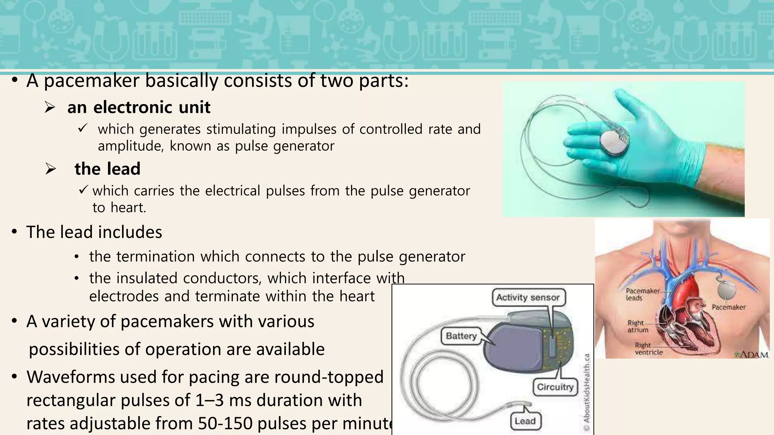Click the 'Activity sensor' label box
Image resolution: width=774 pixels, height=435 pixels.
(528, 298)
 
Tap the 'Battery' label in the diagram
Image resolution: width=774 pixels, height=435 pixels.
(461, 336)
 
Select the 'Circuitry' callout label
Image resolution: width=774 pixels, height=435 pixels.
(555, 387)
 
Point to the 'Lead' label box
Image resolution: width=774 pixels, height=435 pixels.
(525, 421)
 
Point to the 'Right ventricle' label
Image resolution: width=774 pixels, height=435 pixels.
(648, 349)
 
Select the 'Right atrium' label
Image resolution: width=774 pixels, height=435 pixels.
(638, 326)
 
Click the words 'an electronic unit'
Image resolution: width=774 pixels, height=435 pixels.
(139, 108)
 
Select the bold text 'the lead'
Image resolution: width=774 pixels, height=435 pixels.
(107, 169)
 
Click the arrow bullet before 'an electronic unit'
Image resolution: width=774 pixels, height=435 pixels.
(50, 108)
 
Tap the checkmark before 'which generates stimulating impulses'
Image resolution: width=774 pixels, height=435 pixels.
(82, 128)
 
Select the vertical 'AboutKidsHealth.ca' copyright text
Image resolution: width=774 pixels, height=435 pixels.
(587, 393)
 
